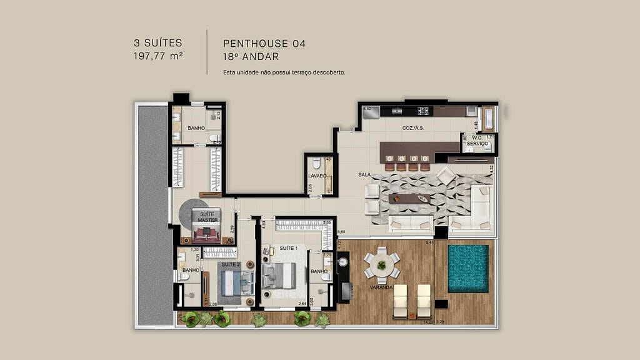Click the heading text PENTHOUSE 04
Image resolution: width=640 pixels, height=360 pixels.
click(x=264, y=44)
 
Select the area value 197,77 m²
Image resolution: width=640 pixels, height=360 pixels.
click(x=157, y=56)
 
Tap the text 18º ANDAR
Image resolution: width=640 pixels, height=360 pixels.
click(x=250, y=56)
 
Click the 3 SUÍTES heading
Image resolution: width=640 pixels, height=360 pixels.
click(x=157, y=43)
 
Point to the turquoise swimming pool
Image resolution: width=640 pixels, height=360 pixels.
click(x=468, y=268)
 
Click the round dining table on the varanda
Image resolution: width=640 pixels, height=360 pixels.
click(x=381, y=264)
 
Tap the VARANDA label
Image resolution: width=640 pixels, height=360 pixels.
click(x=380, y=287)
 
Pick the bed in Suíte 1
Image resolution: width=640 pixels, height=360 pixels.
click(x=279, y=276)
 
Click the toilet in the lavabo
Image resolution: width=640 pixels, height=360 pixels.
click(x=317, y=164)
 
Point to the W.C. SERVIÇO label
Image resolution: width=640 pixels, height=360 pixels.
click(x=477, y=141)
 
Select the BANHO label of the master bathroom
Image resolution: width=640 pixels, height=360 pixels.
click(x=196, y=127)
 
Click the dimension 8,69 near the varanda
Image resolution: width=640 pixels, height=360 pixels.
click(x=342, y=232)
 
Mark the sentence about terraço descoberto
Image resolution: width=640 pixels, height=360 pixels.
click(x=284, y=72)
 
